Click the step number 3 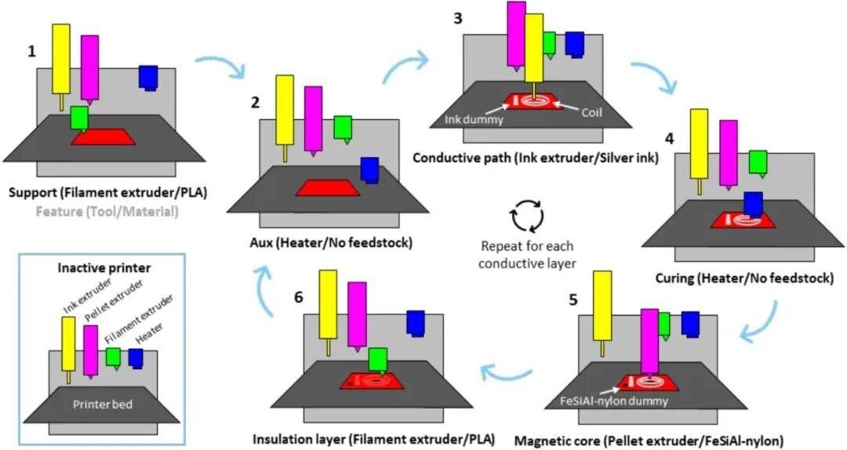[x=457, y=17]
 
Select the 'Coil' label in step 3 [x=592, y=111]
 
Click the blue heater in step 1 [x=148, y=77]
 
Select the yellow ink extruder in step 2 [x=285, y=112]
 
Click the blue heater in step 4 [x=754, y=202]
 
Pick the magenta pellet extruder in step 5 [x=649, y=341]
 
